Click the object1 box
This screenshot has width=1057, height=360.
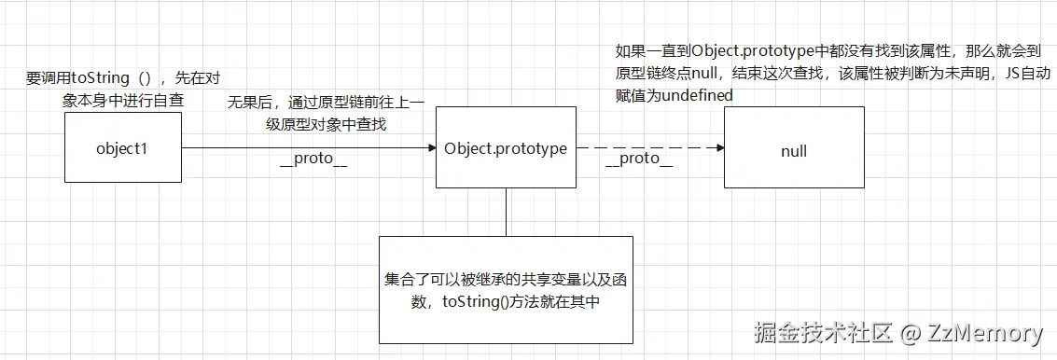(x=122, y=148)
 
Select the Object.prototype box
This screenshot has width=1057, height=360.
(x=505, y=148)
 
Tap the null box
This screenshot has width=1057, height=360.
(x=793, y=149)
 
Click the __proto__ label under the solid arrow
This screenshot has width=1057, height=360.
(x=313, y=160)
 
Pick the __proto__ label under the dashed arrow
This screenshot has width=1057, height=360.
(x=639, y=159)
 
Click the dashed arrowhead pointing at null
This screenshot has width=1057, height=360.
(x=718, y=148)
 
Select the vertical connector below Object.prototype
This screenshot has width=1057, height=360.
(x=505, y=212)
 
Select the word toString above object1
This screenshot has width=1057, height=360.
(x=100, y=78)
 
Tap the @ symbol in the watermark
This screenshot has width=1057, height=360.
(x=911, y=333)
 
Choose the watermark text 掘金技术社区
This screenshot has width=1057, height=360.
(x=824, y=333)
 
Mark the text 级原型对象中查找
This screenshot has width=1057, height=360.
(x=326, y=124)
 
